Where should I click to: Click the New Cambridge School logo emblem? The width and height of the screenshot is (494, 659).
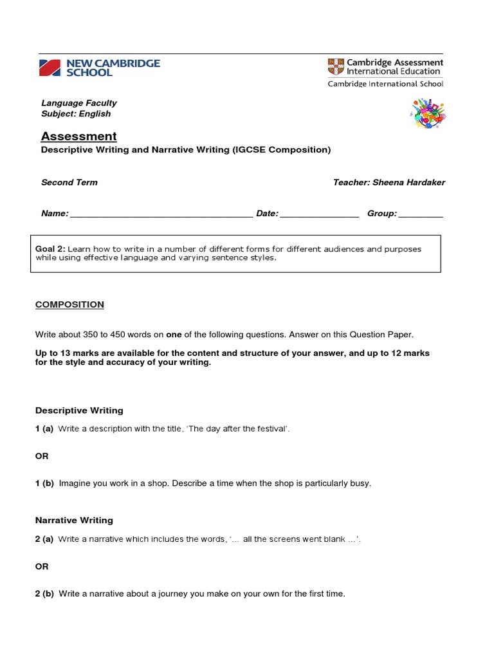[51, 68]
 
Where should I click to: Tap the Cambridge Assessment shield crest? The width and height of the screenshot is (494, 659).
[336, 66]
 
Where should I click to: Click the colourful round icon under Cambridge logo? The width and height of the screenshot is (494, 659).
[428, 114]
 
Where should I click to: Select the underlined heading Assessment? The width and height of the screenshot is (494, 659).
[79, 136]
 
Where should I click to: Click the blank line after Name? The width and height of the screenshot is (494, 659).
[161, 215]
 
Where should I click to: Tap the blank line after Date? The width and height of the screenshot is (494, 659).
[320, 215]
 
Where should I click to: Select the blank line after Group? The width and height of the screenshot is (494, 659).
[421, 215]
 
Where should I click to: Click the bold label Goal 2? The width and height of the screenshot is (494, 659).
[50, 249]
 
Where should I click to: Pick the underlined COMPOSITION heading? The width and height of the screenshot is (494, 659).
[69, 304]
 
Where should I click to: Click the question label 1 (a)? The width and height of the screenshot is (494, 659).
[44, 429]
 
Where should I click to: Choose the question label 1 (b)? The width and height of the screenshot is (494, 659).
[44, 483]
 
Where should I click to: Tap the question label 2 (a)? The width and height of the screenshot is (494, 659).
[44, 539]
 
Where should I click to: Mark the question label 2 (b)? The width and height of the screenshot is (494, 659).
[44, 594]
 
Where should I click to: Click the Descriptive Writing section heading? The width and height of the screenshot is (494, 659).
[79, 411]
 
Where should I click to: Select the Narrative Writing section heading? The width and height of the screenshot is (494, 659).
[74, 521]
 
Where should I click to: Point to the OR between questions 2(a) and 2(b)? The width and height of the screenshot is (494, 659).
[42, 567]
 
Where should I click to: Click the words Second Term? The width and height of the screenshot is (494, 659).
[69, 183]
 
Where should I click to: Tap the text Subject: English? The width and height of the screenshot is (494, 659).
[76, 114]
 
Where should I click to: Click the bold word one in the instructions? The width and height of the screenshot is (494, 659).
[174, 335]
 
